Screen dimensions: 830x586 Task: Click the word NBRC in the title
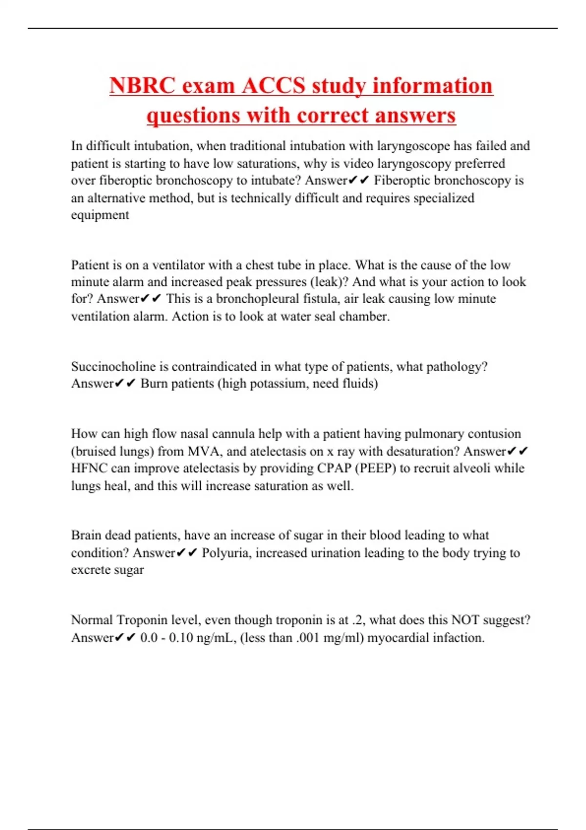coord(142,86)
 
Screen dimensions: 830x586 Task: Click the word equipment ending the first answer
coord(100,215)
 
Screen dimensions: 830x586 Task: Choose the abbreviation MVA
coord(204,452)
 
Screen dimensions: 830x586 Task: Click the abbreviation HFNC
coord(89,468)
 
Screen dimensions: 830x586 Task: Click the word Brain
coord(86,536)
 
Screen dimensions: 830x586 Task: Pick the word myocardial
coord(397,638)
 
